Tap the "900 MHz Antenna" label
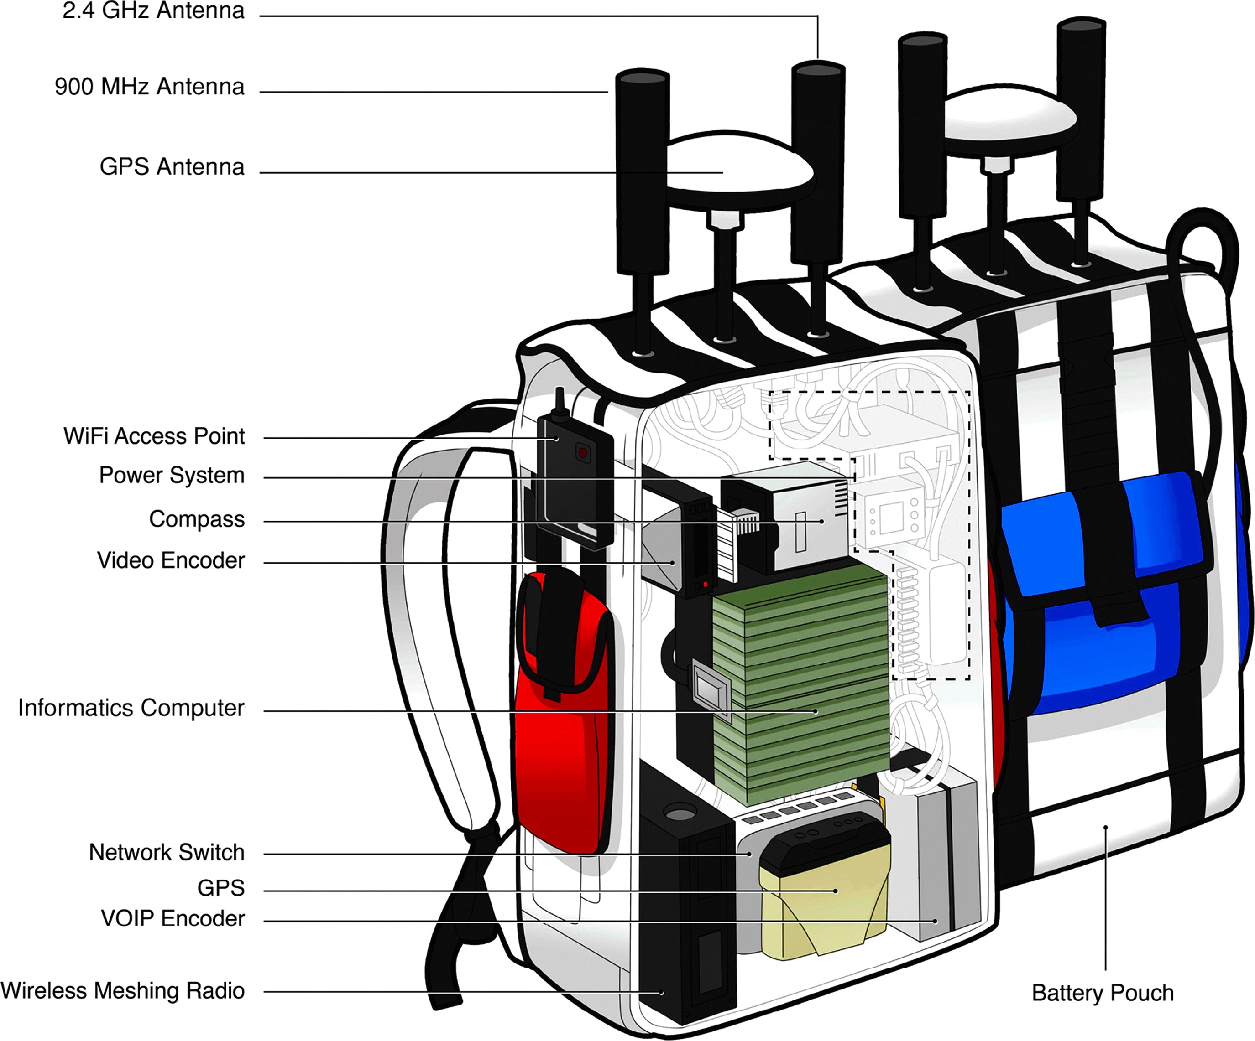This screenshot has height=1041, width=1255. point(149,87)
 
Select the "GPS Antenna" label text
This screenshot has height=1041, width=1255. point(172,166)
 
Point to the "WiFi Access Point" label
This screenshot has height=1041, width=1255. point(154,436)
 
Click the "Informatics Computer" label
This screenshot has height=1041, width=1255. point(131,708)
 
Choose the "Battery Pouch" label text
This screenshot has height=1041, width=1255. point(1102,993)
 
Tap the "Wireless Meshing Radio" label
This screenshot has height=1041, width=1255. point(122,990)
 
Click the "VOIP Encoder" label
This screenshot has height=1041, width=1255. point(173,918)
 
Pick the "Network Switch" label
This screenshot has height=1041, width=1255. point(167,852)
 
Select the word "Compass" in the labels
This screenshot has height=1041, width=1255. point(197,519)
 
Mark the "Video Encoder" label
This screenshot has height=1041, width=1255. point(171,560)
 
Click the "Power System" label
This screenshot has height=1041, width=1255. point(172,476)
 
